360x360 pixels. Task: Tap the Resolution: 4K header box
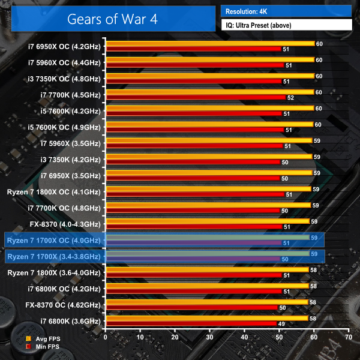point(286,11)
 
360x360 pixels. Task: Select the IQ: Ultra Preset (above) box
point(286,25)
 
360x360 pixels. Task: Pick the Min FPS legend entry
point(44,347)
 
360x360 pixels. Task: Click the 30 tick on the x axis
point(209,338)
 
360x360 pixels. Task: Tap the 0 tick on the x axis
point(106,338)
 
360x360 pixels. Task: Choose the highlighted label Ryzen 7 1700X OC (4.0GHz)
point(54,240)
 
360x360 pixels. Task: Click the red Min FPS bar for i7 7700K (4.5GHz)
point(195,97)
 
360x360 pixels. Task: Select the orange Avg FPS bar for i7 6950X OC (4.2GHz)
point(209,43)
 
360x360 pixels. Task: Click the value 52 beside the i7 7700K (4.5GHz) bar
point(291,97)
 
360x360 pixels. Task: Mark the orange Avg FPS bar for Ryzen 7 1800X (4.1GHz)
point(208,189)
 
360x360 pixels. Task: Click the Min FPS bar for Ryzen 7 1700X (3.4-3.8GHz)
point(192,259)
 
